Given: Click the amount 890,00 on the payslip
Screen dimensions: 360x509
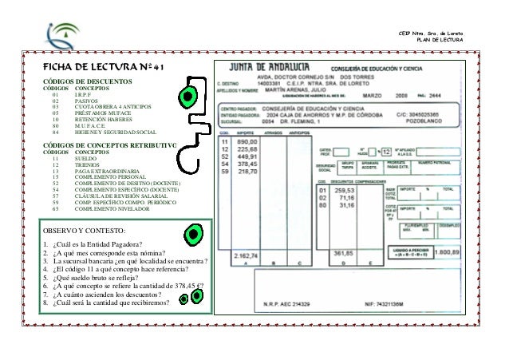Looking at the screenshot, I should click(x=237, y=140).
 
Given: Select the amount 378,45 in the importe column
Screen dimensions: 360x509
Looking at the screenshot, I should click(x=237, y=162).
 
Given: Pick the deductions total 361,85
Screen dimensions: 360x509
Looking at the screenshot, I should click(x=344, y=255).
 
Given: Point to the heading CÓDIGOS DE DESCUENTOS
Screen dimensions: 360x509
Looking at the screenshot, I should click(x=87, y=82).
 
